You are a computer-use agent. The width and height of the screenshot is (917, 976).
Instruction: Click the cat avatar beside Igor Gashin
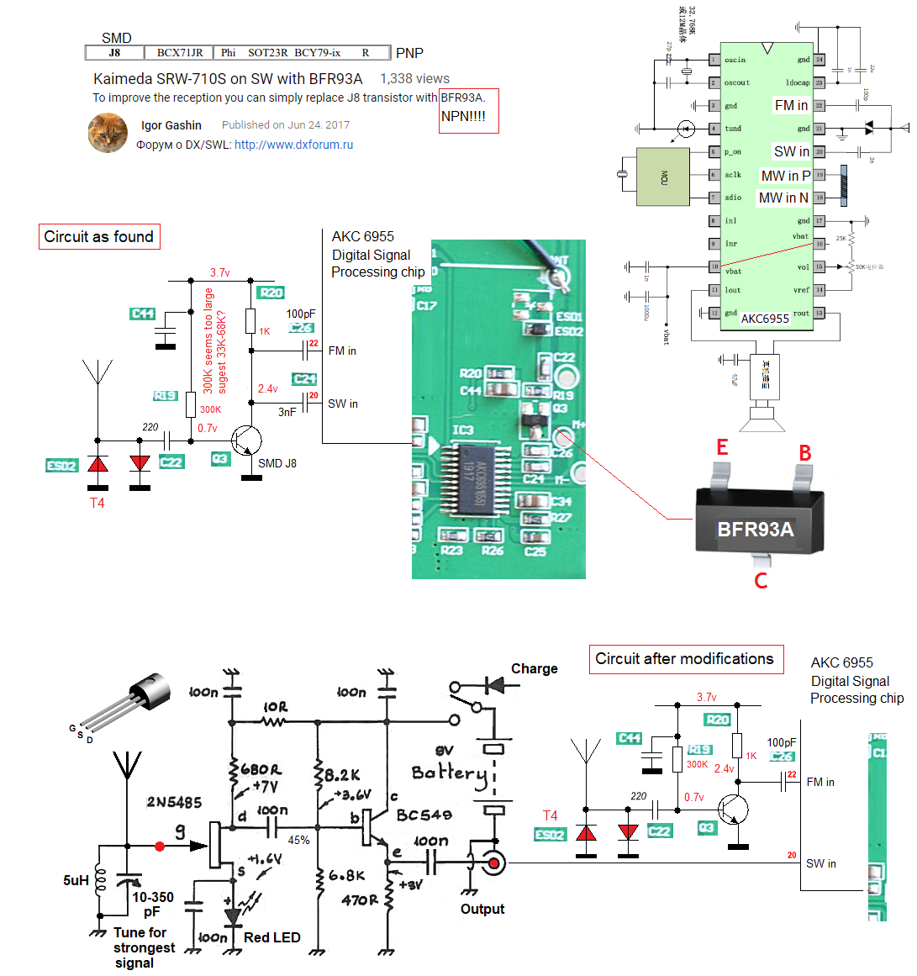point(108,134)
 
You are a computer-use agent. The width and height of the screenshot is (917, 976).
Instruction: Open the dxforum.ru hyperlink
point(293,145)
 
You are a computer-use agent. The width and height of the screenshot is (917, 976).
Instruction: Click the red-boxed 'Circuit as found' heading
point(99,237)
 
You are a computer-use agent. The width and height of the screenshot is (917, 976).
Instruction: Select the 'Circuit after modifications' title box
point(684,659)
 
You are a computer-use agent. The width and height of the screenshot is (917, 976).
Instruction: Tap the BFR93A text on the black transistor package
point(755,530)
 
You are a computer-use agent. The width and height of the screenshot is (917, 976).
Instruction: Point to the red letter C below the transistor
point(761,581)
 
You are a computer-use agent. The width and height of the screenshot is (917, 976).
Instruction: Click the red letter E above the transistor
point(722,447)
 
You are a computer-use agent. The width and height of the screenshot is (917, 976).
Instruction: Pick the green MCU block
point(663,177)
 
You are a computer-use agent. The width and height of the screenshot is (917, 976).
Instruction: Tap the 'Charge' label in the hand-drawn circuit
point(534,669)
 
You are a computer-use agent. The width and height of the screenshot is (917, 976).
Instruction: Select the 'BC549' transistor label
point(424,815)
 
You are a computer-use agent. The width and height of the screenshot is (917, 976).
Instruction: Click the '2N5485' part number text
point(174,802)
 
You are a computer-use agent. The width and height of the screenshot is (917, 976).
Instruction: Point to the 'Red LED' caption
point(271,937)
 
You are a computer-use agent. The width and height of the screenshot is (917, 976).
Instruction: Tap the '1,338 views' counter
point(414,78)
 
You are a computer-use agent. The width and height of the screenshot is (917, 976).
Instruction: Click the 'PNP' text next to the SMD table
point(409,53)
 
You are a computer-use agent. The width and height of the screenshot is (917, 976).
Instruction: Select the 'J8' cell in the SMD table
point(115,53)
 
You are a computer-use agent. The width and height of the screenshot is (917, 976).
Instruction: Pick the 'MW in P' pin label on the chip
point(785,176)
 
